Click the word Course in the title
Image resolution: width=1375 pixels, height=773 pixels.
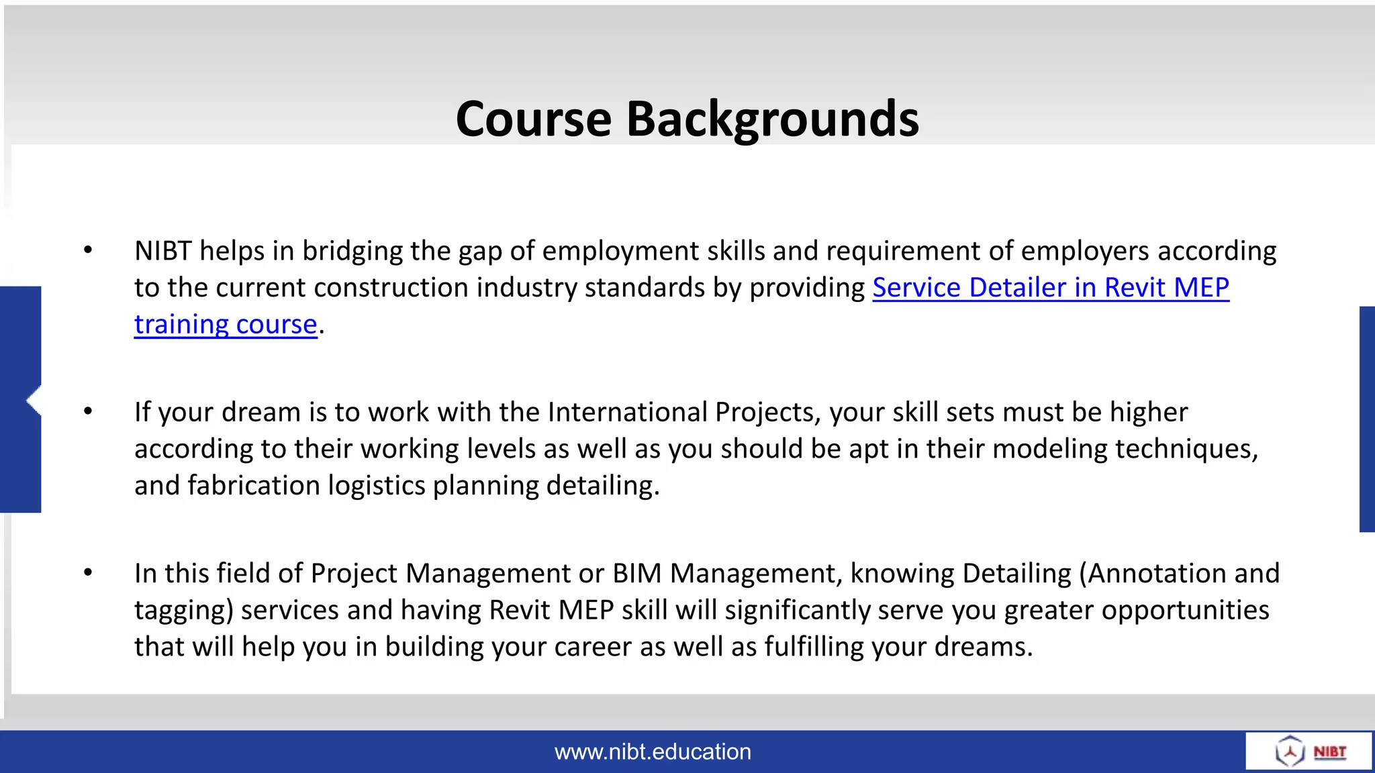point(534,119)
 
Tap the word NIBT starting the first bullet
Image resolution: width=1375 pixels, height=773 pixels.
point(163,251)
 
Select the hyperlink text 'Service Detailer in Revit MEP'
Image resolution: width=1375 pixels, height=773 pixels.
point(1051,288)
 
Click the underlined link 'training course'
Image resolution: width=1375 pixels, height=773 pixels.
point(226,325)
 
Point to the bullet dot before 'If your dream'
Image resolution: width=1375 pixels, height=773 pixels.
point(88,411)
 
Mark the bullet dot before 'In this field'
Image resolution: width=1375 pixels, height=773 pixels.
point(88,572)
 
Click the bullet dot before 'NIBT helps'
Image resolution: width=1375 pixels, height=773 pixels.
point(88,250)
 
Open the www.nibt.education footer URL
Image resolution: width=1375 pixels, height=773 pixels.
point(653,752)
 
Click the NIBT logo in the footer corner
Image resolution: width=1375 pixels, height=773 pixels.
point(1309,751)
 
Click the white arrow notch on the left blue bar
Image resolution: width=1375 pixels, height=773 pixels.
point(34,401)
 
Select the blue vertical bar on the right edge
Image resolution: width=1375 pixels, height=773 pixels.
point(1367,419)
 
